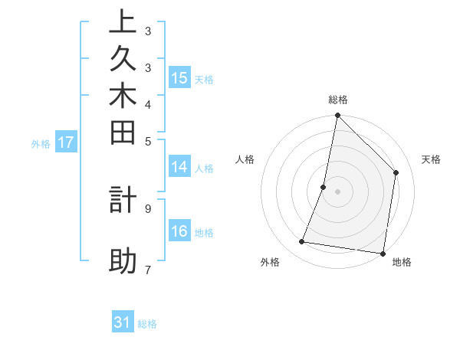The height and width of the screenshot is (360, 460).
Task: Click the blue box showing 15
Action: [179, 77]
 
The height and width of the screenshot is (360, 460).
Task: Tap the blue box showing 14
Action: [179, 167]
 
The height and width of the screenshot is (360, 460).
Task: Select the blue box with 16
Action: [179, 231]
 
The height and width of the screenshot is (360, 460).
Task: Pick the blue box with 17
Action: [66, 142]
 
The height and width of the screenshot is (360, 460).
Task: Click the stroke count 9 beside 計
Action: [148, 208]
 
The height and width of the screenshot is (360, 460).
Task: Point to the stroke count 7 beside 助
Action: [147, 270]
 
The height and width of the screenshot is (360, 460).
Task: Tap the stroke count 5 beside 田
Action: [148, 141]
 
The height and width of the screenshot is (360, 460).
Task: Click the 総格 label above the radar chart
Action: [338, 100]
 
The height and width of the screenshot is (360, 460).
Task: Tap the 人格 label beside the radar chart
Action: [245, 159]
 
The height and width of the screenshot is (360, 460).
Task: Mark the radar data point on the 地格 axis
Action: [383, 253]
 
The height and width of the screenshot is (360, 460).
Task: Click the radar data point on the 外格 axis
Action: [301, 242]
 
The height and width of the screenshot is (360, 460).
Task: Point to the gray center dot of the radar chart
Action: [337, 191]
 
